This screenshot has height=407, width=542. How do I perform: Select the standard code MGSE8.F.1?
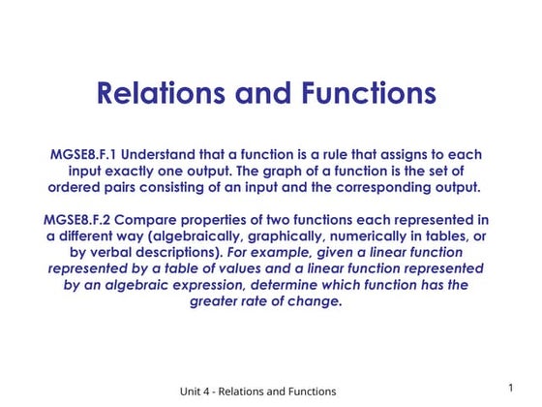(84, 155)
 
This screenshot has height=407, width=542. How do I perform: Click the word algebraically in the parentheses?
(210, 235)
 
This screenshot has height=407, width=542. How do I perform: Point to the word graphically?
(303, 235)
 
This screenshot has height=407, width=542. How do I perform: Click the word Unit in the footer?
(187, 391)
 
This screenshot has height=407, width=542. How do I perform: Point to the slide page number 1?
(510, 388)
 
